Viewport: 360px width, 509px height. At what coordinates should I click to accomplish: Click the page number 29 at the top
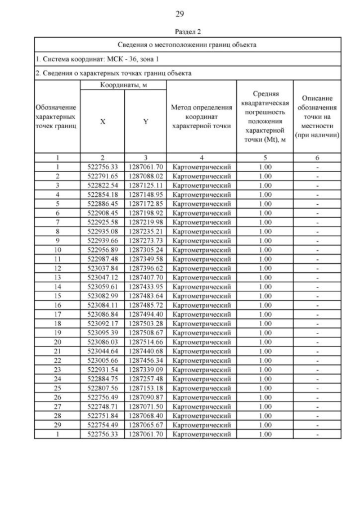pyautogui.click(x=179, y=13)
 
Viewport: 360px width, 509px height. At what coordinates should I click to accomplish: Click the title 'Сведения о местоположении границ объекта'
pyautogui.click(x=187, y=44)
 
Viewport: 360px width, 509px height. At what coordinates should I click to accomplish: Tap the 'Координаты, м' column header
pyautogui.click(x=124, y=84)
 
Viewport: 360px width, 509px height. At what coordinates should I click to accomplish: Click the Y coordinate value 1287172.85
pyautogui.click(x=146, y=203)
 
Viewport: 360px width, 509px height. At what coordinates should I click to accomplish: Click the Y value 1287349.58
pyautogui.click(x=146, y=258)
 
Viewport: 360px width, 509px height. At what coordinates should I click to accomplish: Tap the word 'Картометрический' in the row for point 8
pyautogui.click(x=201, y=231)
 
